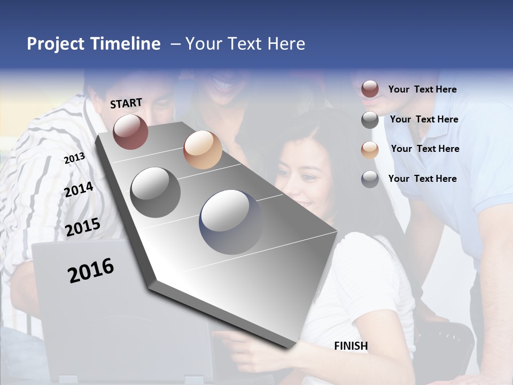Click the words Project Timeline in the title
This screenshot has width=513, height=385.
[x=94, y=44]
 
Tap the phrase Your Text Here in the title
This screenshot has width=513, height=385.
[x=245, y=44]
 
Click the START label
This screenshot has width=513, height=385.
[x=126, y=103]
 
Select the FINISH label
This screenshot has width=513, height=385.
[x=351, y=346]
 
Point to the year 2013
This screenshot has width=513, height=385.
[x=74, y=158]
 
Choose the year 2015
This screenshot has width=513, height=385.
[x=83, y=227]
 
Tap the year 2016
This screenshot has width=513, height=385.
[x=91, y=271]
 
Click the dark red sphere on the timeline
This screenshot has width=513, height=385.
[x=130, y=132]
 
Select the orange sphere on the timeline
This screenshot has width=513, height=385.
[x=203, y=150]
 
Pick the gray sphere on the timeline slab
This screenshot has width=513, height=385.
[x=156, y=192]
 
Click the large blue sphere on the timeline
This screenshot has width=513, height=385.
[x=231, y=221]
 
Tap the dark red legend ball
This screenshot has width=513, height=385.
[x=370, y=89]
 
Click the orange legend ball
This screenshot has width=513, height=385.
[x=370, y=150]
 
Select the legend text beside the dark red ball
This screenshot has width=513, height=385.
[x=423, y=89]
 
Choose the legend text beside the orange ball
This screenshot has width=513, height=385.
[x=425, y=149]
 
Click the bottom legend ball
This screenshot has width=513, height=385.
[x=370, y=179]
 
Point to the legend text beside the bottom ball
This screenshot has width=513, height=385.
[x=423, y=179]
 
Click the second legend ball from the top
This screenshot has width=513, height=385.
[x=370, y=120]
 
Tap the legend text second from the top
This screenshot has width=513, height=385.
[x=424, y=119]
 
